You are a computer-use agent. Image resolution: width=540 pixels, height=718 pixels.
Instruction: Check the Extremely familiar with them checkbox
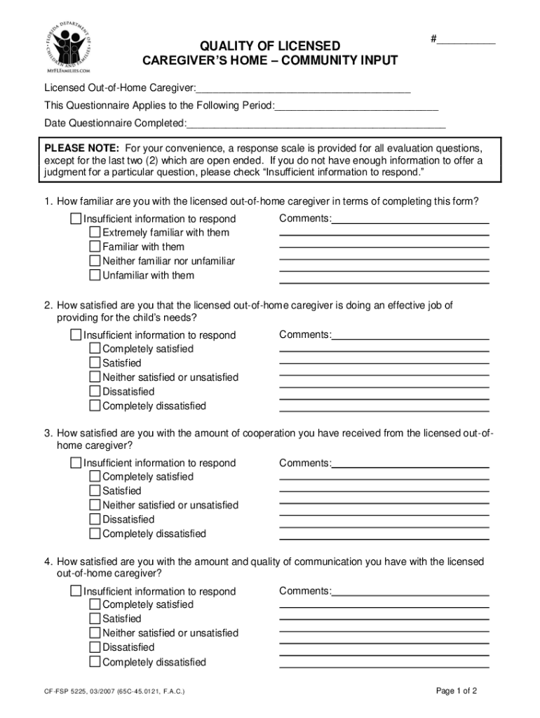(x=95, y=232)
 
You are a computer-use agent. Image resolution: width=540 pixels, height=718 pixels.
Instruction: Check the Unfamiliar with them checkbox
(x=95, y=275)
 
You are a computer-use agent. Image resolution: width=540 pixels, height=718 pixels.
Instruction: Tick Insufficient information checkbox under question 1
(x=76, y=219)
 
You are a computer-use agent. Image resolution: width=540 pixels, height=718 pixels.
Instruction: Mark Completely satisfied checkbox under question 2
(x=95, y=348)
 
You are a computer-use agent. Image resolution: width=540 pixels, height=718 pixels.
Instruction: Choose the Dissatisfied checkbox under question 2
(x=95, y=391)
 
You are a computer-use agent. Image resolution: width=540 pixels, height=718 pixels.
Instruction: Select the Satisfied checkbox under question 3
(x=95, y=491)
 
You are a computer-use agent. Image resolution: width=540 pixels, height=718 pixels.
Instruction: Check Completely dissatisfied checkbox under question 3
(x=95, y=534)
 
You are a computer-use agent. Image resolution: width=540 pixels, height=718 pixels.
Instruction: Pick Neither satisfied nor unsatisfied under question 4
(x=95, y=633)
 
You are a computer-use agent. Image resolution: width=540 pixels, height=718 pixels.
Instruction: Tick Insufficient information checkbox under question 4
(x=76, y=591)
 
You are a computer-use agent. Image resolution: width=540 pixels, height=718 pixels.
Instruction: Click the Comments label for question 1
(x=304, y=218)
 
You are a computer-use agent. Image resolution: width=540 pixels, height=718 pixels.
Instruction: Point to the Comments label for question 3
(x=304, y=463)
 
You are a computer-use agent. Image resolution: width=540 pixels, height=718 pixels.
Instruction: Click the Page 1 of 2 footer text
(x=457, y=691)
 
